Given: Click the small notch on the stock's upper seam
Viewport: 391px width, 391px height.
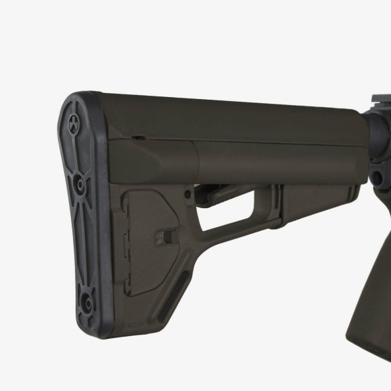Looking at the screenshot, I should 136,137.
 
